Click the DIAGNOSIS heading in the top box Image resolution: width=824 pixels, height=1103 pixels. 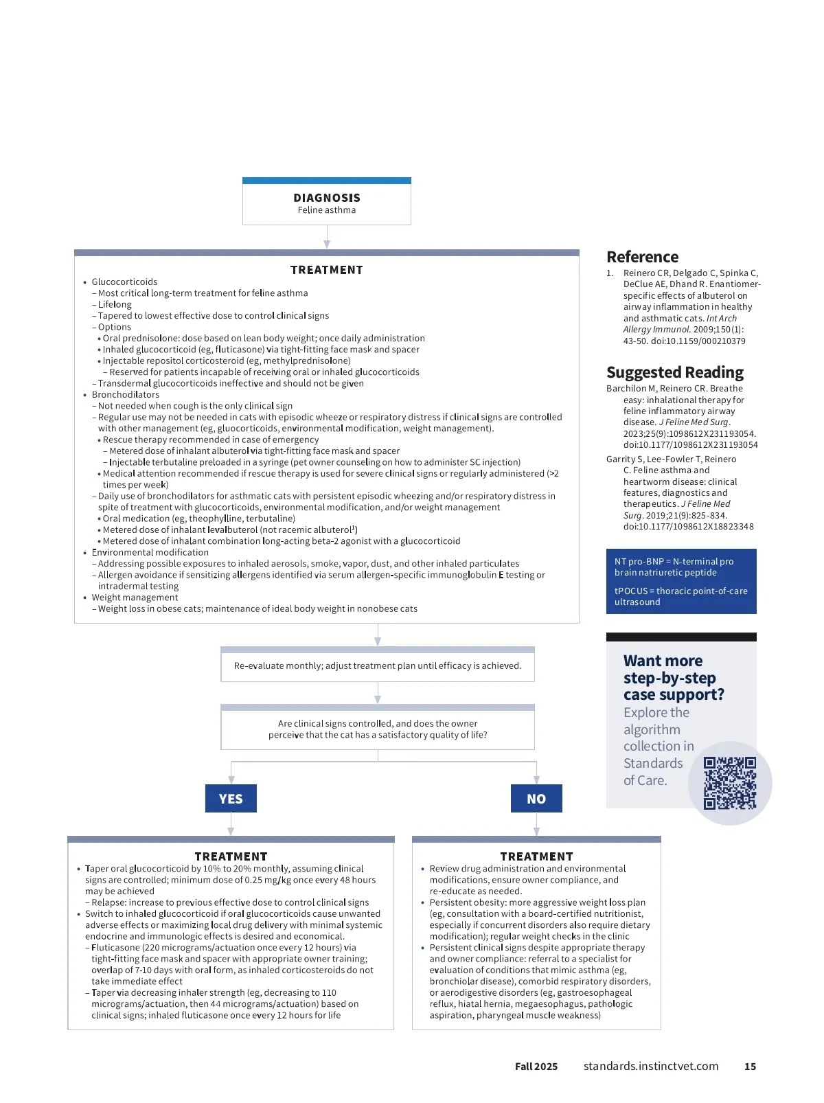tap(327, 198)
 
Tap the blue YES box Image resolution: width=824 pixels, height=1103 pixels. tap(231, 799)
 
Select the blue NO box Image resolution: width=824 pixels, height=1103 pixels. tap(536, 799)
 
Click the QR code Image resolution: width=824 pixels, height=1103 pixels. tap(730, 783)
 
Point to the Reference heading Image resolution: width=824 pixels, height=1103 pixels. tap(642, 257)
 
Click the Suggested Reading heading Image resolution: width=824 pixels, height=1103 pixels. tap(674, 372)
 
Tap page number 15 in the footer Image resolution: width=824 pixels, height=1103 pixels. tap(750, 1067)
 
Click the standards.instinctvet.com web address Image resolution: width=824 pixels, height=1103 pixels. tap(651, 1066)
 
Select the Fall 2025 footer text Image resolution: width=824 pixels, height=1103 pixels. tap(536, 1067)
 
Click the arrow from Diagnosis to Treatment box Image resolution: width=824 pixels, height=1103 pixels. tap(327, 238)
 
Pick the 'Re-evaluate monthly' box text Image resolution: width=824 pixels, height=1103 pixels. tap(378, 666)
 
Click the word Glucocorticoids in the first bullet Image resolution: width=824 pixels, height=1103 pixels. tap(124, 282)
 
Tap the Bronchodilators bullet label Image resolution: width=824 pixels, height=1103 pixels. tap(126, 394)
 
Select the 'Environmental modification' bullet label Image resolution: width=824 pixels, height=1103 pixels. tap(150, 552)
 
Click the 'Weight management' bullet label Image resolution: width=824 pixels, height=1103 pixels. tap(135, 598)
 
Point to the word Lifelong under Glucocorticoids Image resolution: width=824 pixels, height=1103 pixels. tap(115, 304)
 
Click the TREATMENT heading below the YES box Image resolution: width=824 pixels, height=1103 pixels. tap(231, 856)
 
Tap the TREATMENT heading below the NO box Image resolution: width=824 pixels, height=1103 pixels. tap(536, 856)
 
